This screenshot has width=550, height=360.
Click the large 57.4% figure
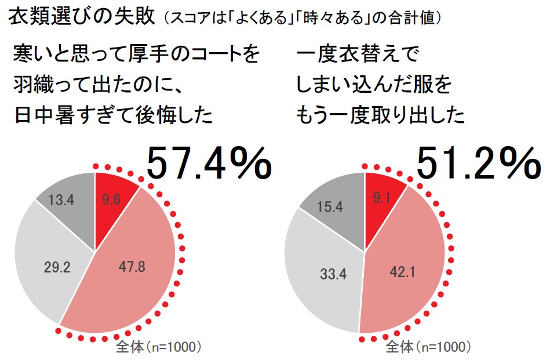pyautogui.click(x=209, y=163)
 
